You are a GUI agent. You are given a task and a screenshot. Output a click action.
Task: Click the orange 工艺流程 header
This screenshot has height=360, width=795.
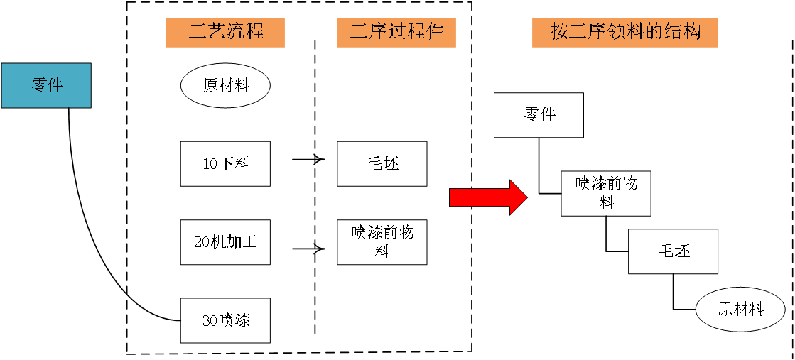(x=225, y=32)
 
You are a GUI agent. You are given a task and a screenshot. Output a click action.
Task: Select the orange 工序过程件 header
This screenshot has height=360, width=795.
(x=396, y=32)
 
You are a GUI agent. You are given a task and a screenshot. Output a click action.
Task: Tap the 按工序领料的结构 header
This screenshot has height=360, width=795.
(x=624, y=32)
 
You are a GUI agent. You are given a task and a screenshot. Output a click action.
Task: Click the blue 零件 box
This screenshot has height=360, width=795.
(x=46, y=86)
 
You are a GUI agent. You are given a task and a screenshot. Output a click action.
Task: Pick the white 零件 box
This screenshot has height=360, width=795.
(x=539, y=115)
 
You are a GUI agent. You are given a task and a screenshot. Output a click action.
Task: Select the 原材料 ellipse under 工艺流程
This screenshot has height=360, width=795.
(x=225, y=87)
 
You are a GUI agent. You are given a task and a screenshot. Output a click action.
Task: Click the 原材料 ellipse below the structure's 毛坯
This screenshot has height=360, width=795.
(x=740, y=310)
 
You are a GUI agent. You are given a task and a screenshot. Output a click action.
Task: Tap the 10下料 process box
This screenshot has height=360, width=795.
(x=225, y=164)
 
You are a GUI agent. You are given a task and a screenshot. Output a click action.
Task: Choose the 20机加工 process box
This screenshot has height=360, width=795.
(x=225, y=242)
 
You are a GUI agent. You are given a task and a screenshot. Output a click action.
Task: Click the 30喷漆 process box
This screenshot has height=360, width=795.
(x=225, y=320)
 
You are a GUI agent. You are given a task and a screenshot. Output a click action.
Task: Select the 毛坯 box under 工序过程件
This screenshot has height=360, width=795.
(x=382, y=164)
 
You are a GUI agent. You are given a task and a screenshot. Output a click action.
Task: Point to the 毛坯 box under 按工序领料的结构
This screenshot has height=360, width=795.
(x=673, y=251)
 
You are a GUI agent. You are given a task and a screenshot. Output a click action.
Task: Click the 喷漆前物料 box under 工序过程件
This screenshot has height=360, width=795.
(x=382, y=242)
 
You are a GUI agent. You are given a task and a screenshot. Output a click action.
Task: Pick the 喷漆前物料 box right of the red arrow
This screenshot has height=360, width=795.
(x=606, y=193)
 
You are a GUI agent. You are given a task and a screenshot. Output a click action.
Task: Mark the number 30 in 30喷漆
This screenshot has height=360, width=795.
(x=210, y=321)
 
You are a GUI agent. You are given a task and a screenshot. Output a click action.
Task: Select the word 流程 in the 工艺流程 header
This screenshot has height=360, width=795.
(x=245, y=32)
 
